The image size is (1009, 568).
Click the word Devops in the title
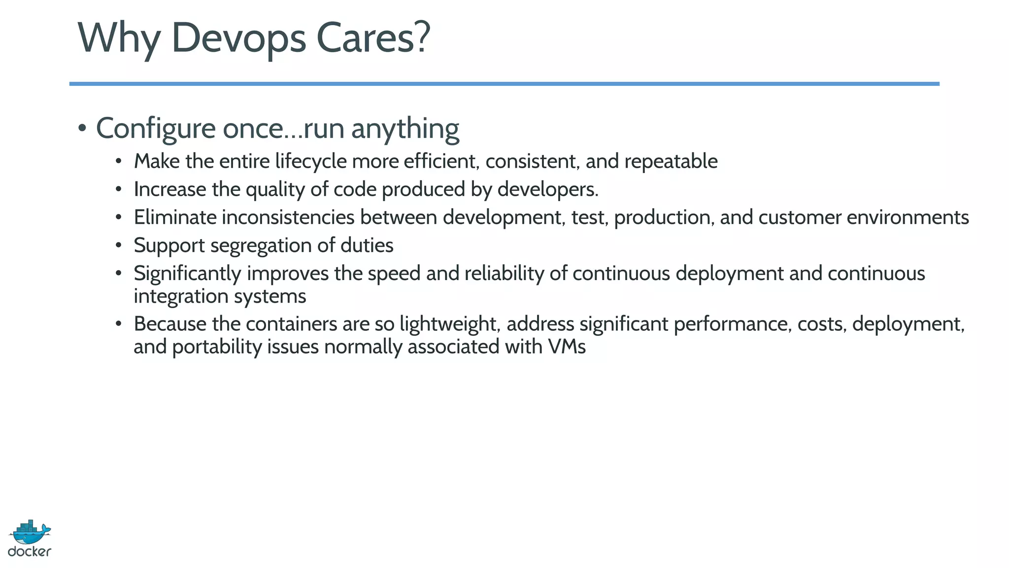click(238, 38)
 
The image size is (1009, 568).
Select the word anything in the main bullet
click(405, 129)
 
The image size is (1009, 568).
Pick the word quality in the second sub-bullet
click(275, 190)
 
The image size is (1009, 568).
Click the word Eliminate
click(175, 217)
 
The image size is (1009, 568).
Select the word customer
click(799, 217)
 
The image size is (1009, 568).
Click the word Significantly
click(187, 274)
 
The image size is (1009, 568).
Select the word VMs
click(566, 347)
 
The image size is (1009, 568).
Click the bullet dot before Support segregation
click(118, 246)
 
